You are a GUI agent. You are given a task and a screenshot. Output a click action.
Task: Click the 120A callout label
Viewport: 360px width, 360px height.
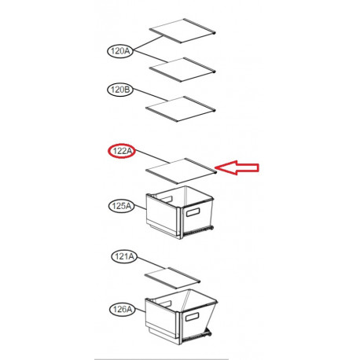(120, 51)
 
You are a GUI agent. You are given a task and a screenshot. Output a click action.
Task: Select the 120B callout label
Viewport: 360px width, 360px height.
(120, 90)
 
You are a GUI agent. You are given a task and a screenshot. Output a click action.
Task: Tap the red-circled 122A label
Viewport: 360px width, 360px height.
(122, 151)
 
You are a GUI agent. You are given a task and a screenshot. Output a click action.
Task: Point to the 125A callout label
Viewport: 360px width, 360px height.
(121, 206)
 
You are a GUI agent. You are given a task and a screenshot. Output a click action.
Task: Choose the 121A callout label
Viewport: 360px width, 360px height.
(124, 256)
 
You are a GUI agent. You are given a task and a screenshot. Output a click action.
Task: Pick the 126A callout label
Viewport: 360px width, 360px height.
(123, 309)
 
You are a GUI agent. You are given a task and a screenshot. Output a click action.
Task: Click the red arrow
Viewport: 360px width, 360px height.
(237, 167)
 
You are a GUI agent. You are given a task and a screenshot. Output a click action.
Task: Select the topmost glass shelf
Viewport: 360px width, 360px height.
(182, 31)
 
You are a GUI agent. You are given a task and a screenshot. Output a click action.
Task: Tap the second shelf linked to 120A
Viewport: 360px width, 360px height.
(182, 69)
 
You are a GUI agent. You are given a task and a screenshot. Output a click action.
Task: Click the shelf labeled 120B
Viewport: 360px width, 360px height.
(181, 108)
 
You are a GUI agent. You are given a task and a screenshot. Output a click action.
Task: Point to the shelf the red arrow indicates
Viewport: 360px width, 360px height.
(181, 171)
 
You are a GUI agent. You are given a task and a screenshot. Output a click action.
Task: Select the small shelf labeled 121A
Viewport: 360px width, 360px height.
(173, 278)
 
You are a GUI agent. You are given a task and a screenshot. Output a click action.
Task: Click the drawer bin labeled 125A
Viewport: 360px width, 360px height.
(180, 212)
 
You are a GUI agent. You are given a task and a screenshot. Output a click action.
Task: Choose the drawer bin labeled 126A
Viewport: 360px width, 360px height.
(181, 317)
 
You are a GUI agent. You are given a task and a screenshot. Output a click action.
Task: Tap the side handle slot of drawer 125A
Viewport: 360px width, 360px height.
(193, 212)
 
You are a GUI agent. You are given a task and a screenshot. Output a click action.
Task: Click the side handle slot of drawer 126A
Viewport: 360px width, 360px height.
(193, 317)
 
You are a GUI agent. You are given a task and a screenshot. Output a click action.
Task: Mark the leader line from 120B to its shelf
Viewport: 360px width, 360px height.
(150, 95)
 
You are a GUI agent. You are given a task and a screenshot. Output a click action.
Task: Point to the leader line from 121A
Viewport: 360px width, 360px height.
(152, 263)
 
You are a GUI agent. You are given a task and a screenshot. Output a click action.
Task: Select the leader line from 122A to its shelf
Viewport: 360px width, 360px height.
(152, 156)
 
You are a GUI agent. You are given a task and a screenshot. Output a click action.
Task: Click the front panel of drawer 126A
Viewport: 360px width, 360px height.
(162, 320)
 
